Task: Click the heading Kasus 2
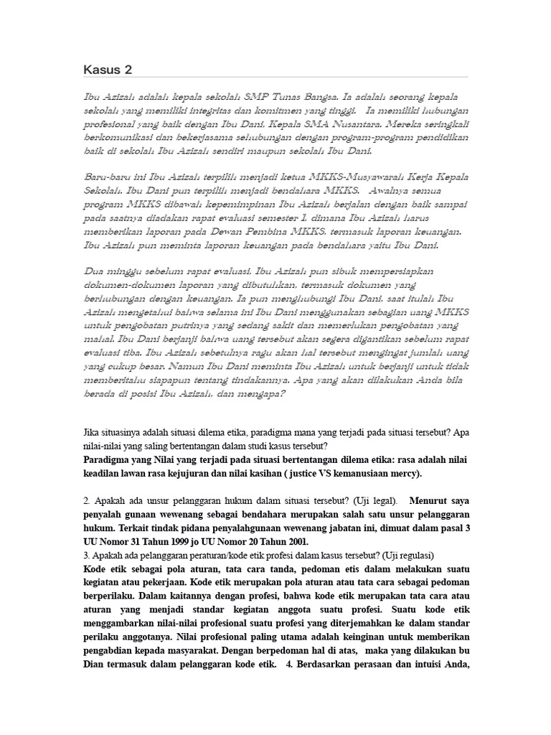tap(107, 70)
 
